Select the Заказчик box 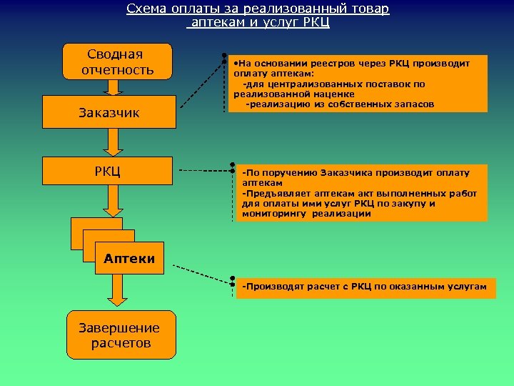pyautogui.click(x=109, y=112)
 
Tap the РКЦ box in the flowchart pyautogui.click(x=108, y=170)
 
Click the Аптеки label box pyautogui.click(x=129, y=259)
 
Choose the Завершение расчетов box pyautogui.click(x=121, y=335)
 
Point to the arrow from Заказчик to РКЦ pyautogui.click(x=112, y=142)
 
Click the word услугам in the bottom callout pyautogui.click(x=462, y=287)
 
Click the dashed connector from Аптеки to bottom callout pyautogui.click(x=202, y=271)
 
